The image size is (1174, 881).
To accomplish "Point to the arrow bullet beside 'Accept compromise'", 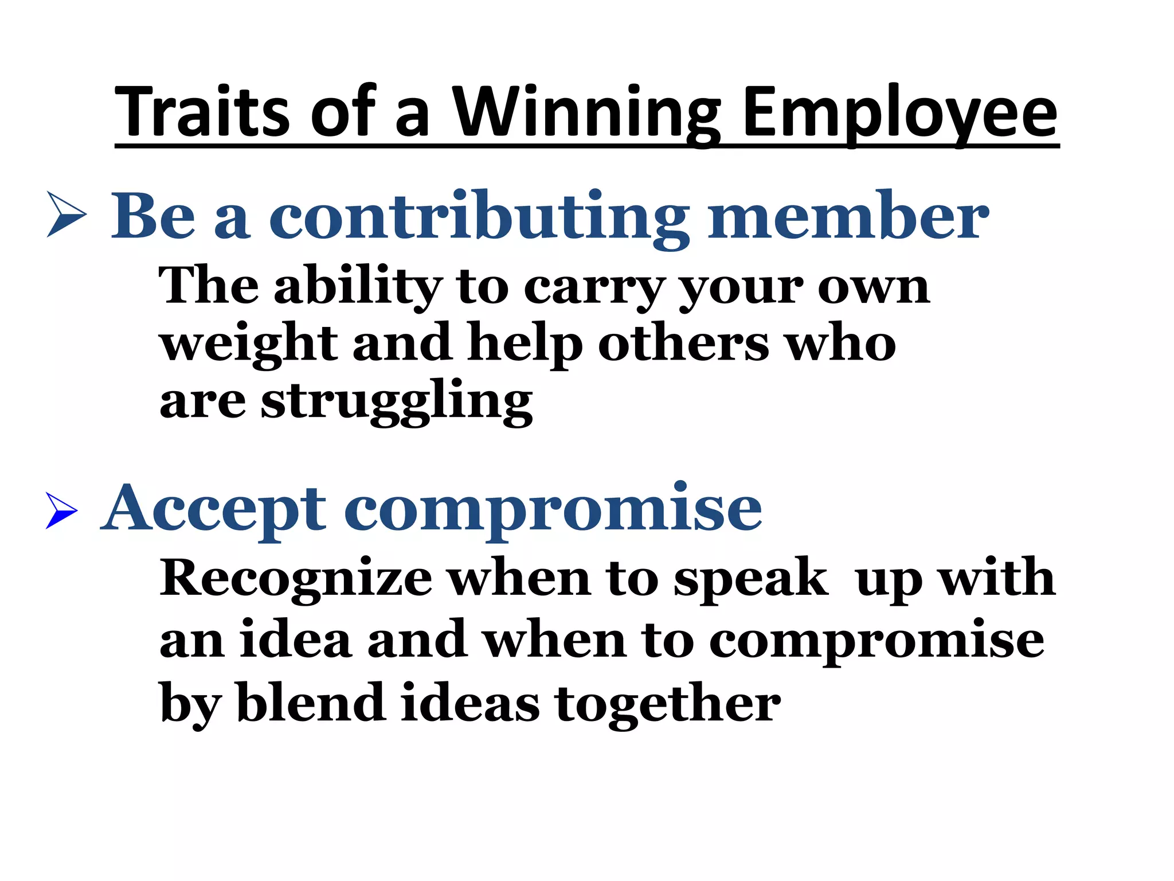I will coord(61,510).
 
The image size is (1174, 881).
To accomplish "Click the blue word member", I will coord(848,216).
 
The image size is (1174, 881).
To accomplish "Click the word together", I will coord(668,704).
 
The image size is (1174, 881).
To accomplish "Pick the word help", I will coord(525,344).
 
